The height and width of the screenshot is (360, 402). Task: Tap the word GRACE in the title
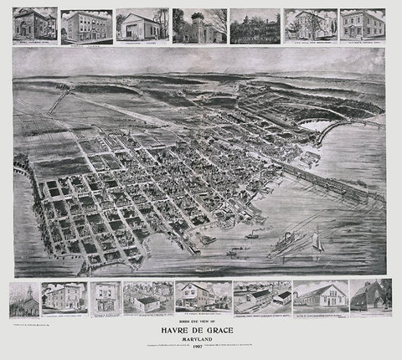(224, 329)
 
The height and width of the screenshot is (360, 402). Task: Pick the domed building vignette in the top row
(198, 26)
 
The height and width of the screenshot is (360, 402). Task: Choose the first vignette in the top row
(35, 25)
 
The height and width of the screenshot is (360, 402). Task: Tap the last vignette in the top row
(363, 25)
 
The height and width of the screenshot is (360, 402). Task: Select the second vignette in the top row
(86, 26)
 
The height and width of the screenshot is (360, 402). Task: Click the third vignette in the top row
(142, 25)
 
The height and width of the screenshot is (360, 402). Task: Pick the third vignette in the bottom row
(105, 297)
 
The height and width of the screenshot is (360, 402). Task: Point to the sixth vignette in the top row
(310, 25)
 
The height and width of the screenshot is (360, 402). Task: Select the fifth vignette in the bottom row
(204, 296)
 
